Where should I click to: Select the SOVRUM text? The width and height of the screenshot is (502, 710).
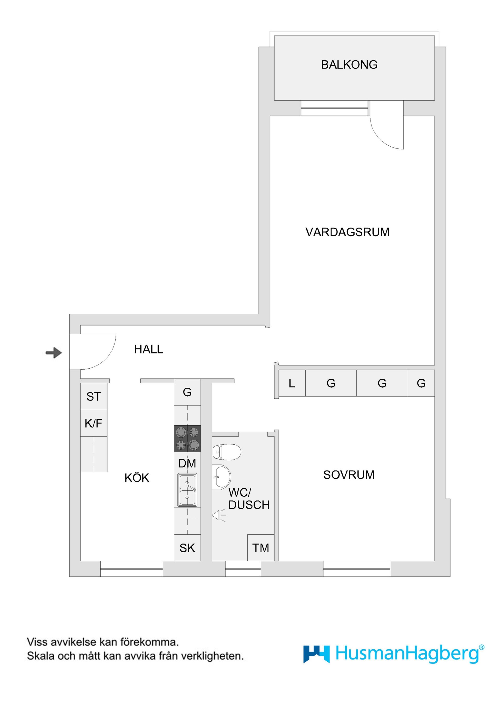click(349, 475)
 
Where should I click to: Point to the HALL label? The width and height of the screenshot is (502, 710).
click(149, 349)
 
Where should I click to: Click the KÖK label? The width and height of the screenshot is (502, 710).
click(137, 478)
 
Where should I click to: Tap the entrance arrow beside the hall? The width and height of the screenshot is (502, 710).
click(54, 353)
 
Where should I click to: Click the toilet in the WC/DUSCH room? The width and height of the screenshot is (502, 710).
click(226, 452)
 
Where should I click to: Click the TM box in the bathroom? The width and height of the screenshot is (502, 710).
click(260, 548)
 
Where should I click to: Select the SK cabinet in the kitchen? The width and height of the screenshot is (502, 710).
click(187, 548)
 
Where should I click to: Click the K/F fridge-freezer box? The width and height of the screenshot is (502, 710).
click(93, 423)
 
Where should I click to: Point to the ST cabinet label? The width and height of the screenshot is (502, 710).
click(93, 397)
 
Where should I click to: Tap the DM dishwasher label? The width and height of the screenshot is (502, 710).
click(187, 463)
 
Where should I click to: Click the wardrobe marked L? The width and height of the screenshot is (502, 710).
click(292, 383)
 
